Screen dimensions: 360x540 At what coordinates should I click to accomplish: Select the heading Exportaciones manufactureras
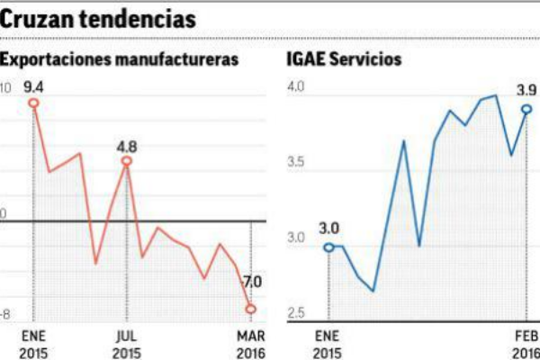pos(121,60)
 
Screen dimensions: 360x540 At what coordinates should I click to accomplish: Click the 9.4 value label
pos(34,87)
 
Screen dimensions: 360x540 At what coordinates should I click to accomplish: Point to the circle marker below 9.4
pos(35,103)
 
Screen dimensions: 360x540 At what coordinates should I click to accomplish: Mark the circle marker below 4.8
pos(126,161)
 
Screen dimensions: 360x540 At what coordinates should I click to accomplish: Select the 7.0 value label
pos(251,283)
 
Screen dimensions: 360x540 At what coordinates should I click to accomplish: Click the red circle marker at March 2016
pos(250,310)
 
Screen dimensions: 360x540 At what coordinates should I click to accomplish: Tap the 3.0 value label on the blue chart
pos(328,229)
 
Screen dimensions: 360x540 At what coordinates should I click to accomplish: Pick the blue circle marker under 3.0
pos(328,247)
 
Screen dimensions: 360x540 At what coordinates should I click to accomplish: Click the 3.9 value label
pos(526,90)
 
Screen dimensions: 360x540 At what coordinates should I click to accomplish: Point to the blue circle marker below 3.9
pos(526,109)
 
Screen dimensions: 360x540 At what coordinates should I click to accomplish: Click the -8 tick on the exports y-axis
pos(5,314)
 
